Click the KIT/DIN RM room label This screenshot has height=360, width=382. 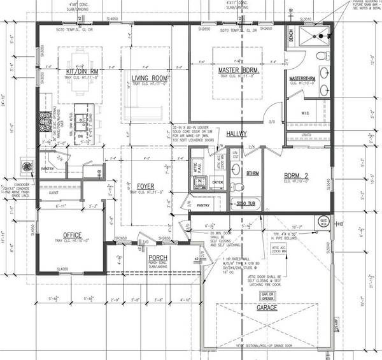[x=81, y=71]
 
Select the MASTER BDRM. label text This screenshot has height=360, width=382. [x=237, y=70]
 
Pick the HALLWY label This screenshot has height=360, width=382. [x=237, y=134]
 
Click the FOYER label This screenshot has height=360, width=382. [x=146, y=187]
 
